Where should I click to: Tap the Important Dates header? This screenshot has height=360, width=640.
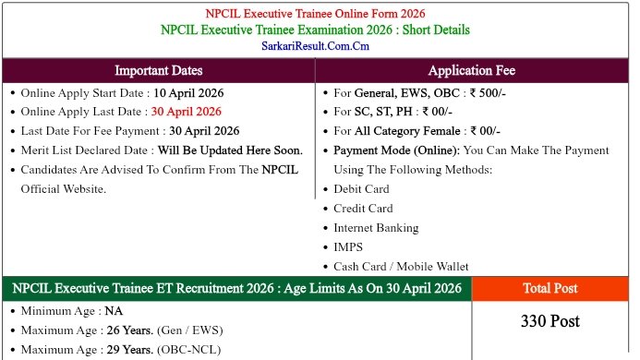[x=159, y=70]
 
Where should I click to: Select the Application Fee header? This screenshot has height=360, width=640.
[x=472, y=70]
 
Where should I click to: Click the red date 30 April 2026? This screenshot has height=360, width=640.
[x=187, y=112]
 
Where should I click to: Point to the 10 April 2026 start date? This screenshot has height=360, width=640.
[x=188, y=92]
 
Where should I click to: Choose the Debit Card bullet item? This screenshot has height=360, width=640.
[x=361, y=188]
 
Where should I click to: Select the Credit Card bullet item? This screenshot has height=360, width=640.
[x=363, y=208]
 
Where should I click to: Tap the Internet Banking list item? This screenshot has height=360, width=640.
[x=376, y=227]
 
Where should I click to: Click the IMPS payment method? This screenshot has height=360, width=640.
[x=348, y=246]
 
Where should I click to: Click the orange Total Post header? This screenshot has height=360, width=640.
[x=550, y=288]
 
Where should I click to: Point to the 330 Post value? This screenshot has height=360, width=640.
[x=550, y=321]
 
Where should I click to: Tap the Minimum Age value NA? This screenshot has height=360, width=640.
[x=114, y=311]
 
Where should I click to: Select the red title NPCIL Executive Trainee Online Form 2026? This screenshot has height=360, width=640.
[x=316, y=14]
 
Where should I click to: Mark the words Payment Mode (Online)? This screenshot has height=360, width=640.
[x=397, y=150]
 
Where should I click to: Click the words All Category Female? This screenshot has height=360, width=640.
[x=401, y=131]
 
